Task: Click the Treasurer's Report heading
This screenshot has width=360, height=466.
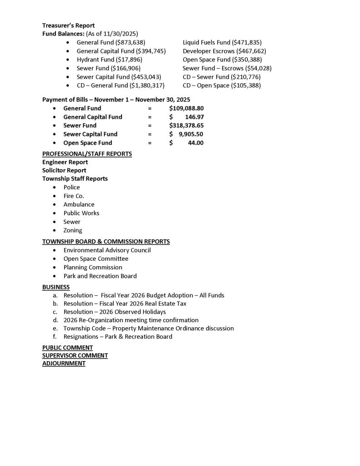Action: pyautogui.click(x=68, y=25)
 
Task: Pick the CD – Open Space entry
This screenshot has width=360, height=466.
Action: pyautogui.click(x=222, y=85)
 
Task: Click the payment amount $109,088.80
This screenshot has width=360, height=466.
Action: pyautogui.click(x=186, y=108)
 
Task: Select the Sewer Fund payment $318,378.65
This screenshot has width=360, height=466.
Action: pyautogui.click(x=186, y=126)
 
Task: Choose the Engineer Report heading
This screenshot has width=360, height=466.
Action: pyautogui.click(x=65, y=162)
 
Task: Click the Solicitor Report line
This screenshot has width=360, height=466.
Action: pyautogui.click(x=64, y=170)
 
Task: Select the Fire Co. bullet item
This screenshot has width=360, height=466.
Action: pyautogui.click(x=74, y=196)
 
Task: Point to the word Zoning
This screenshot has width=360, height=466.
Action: pyautogui.click(x=73, y=230)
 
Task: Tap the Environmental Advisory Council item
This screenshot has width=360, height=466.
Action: pyautogui.click(x=107, y=250)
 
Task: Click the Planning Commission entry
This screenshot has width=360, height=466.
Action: pyautogui.click(x=93, y=268)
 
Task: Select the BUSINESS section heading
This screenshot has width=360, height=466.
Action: pyautogui.click(x=56, y=287)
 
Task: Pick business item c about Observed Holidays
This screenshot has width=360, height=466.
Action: pyautogui.click(x=115, y=312)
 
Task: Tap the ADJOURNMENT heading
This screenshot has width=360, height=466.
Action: pyautogui.click(x=64, y=364)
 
